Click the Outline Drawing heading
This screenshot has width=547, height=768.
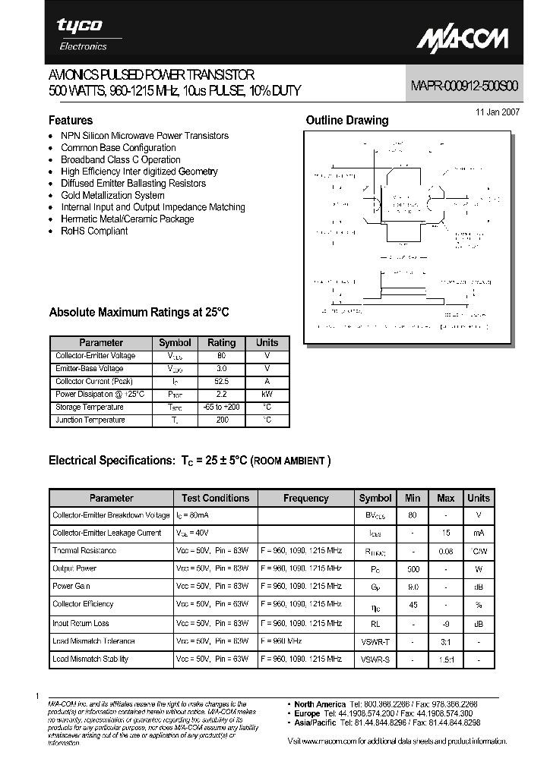(346, 120)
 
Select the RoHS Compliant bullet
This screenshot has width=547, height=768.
(94, 231)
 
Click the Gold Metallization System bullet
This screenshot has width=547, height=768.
(112, 195)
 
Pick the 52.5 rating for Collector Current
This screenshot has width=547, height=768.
(222, 382)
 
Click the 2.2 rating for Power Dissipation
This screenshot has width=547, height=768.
(222, 395)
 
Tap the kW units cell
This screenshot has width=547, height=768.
(267, 395)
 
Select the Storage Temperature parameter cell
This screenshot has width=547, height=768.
(90, 408)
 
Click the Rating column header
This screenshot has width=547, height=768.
(222, 342)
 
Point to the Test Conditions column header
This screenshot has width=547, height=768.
(215, 498)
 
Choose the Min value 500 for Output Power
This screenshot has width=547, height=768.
(413, 568)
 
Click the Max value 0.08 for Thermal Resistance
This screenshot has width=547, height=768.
(446, 551)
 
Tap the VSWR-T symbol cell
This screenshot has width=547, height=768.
(375, 641)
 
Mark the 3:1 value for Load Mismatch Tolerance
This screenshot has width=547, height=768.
(446, 641)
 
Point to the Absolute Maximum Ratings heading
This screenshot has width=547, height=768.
(138, 312)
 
